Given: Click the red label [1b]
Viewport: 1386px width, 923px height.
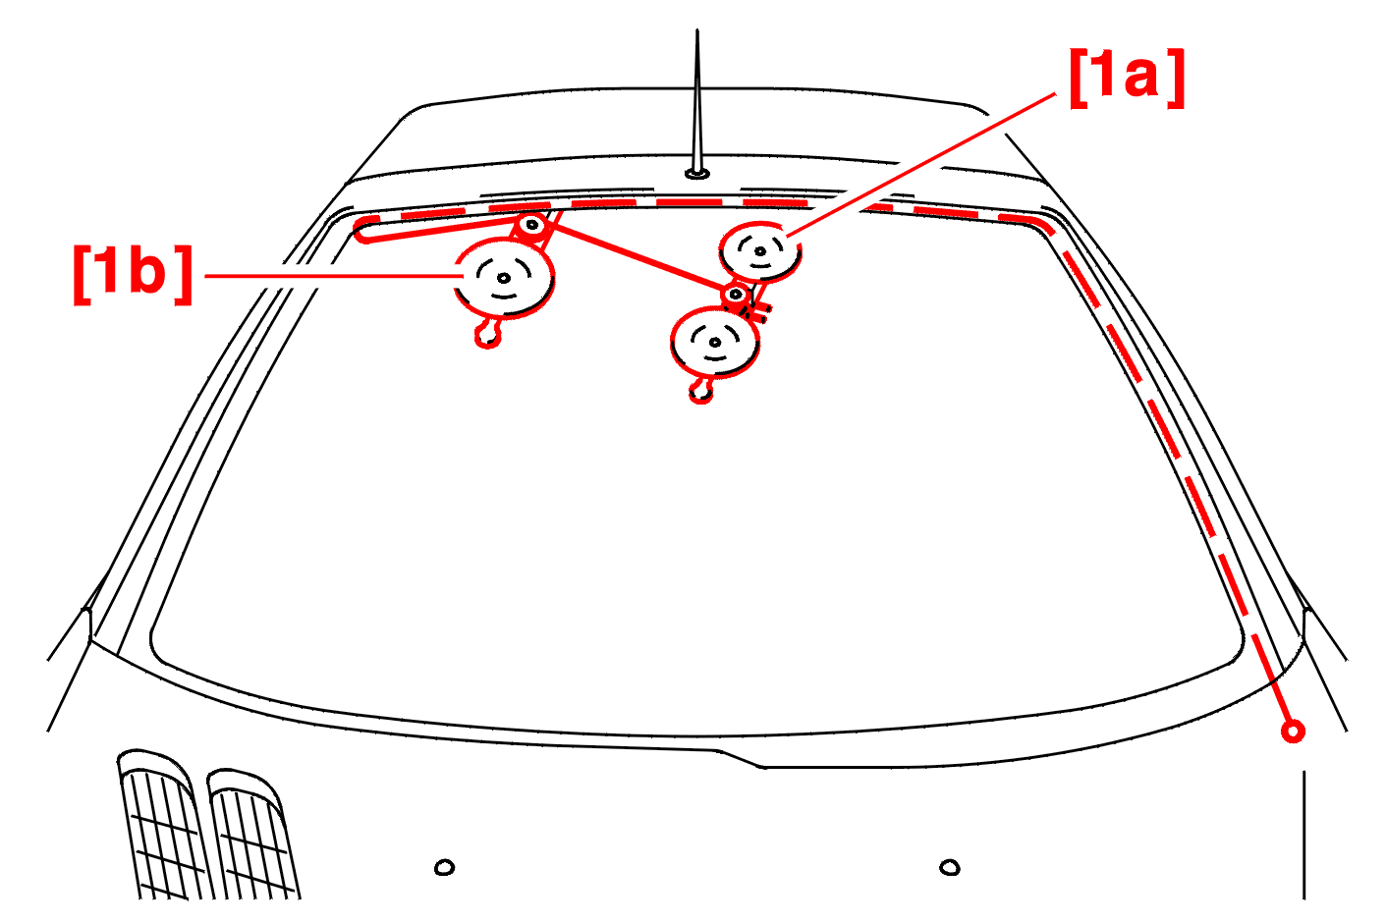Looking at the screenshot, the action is coord(133,275).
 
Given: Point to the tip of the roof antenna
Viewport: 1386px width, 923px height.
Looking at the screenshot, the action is coord(697,29).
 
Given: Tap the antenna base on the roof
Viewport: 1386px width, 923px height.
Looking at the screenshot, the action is coord(697,174).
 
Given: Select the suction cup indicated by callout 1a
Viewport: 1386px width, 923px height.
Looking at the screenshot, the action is coord(760,251).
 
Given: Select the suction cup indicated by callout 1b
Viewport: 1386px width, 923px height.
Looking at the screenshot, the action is coord(504,279).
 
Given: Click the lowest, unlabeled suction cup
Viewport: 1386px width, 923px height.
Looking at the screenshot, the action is coord(715,342).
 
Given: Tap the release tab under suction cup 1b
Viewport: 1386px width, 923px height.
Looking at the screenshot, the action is coord(488,334).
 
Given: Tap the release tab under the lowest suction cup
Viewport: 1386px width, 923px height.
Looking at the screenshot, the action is coord(701,391).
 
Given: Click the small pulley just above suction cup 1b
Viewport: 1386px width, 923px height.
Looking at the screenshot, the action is coord(531,225).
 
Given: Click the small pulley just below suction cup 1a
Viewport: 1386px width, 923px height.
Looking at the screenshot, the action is coord(736,295).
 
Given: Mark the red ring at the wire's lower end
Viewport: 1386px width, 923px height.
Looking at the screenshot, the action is coord(1293,732).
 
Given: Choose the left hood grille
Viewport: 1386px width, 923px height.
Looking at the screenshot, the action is coord(162,824).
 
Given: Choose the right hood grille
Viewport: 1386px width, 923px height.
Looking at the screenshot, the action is coord(252,834).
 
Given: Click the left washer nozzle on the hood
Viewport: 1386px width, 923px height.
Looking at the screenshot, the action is coord(444,867).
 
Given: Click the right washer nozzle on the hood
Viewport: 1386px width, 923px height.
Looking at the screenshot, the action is coord(950,868).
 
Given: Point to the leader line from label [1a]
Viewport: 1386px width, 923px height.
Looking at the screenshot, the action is coord(920,165).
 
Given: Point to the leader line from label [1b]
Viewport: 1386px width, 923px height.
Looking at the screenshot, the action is coord(334,276).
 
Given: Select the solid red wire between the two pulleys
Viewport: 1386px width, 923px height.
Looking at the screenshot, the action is coord(637,258).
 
